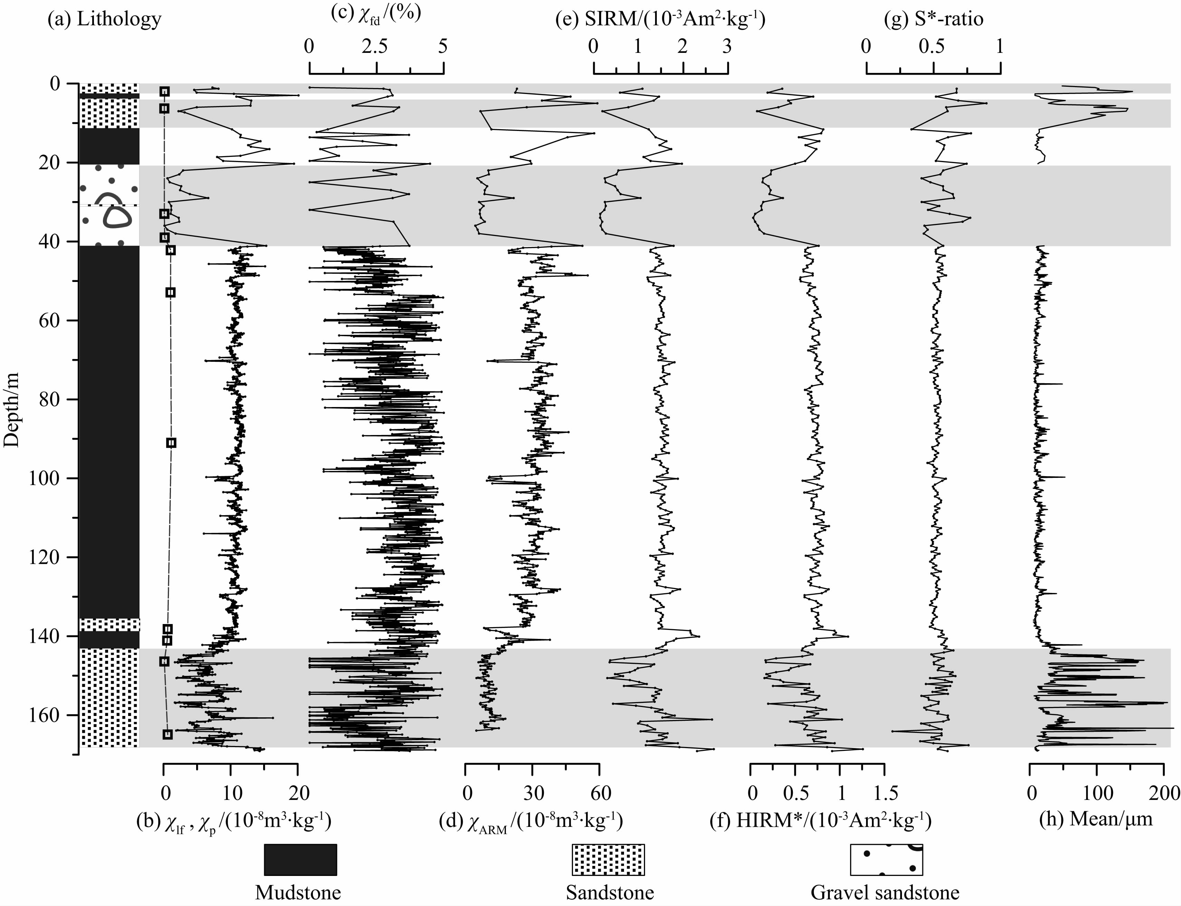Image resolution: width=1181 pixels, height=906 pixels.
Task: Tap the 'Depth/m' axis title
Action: click(x=11, y=409)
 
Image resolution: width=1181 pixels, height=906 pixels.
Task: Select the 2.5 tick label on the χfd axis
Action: click(x=375, y=47)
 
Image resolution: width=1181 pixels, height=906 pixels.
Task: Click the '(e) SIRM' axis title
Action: click(x=660, y=19)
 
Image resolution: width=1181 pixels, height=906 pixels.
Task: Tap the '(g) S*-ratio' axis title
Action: click(x=934, y=19)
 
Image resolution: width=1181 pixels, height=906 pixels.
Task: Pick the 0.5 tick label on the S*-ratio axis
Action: click(x=932, y=47)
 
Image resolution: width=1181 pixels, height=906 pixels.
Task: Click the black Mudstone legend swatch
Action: click(x=300, y=860)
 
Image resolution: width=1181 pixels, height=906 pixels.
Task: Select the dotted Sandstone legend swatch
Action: click(x=608, y=860)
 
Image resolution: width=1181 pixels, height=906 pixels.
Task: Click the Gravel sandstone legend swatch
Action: click(x=886, y=860)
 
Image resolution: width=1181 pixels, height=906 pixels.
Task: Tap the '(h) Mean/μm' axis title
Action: click(x=1096, y=819)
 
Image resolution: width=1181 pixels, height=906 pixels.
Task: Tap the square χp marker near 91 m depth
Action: click(x=171, y=443)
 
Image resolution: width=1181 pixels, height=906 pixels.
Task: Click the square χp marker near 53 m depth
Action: click(x=170, y=292)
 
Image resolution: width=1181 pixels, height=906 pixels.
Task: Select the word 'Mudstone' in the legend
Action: click(x=298, y=893)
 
